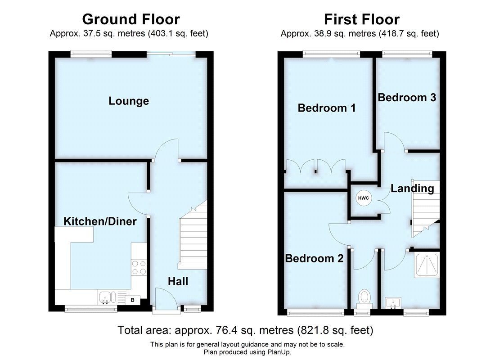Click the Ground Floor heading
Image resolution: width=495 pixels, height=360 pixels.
131,19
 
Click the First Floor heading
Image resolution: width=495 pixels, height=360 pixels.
362,19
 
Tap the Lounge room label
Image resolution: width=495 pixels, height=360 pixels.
129,101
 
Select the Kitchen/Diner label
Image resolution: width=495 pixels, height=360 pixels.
100,221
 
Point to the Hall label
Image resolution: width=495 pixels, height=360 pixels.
178,282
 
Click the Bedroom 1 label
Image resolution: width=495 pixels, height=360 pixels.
327,108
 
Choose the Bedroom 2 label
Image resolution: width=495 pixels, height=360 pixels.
314,258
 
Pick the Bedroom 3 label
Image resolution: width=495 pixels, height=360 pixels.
407,97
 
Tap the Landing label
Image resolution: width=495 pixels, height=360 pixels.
412,189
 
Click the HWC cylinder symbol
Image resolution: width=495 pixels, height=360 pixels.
363,198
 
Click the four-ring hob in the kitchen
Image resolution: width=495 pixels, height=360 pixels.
139,268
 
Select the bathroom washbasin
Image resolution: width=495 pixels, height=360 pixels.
393,302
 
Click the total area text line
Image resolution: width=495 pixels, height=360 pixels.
246,330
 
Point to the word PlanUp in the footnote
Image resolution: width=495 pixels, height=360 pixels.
278,352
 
